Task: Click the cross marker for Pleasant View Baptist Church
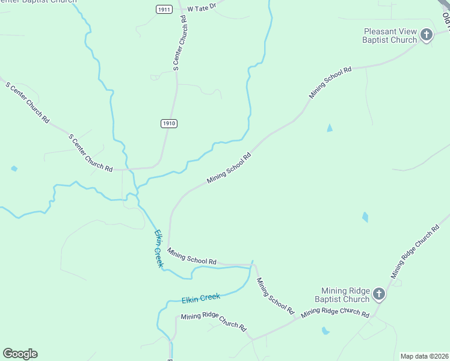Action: tap(427, 34)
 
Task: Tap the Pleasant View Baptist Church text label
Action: tap(390, 35)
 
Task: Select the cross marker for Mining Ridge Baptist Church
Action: tap(378, 294)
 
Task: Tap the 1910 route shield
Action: tap(169, 123)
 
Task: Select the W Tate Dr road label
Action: tap(201, 8)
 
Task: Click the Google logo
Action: tap(20, 354)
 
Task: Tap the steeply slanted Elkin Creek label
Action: tap(158, 248)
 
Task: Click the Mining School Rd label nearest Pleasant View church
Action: tap(330, 82)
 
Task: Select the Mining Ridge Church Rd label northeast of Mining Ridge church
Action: tap(416, 252)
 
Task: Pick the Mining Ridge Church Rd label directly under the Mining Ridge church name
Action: tap(335, 312)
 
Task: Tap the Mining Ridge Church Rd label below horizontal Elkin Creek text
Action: tap(214, 322)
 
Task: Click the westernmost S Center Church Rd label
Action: tap(28, 103)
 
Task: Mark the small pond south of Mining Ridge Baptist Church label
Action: tap(325, 330)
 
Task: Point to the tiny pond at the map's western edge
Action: tap(14, 168)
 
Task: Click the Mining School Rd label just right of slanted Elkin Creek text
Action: tap(191, 257)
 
